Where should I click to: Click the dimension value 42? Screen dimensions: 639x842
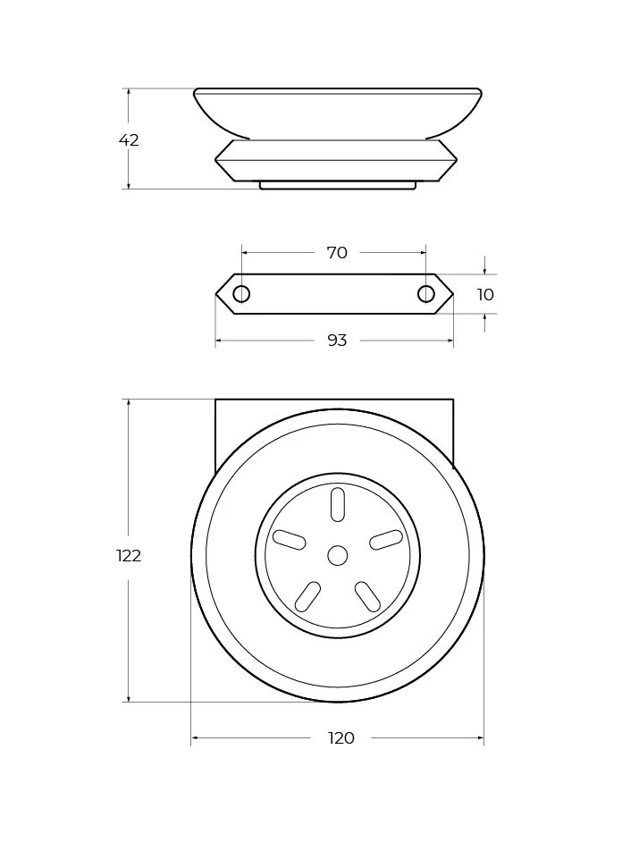[x=129, y=140]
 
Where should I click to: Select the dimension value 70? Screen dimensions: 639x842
[x=337, y=252]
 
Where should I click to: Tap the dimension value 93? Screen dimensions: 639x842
[x=337, y=340]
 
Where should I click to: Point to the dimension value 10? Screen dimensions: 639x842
[x=485, y=294]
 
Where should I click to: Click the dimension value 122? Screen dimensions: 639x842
[x=129, y=555]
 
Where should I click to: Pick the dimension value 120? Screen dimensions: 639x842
[x=341, y=737]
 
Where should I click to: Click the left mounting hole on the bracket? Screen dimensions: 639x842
[x=241, y=294]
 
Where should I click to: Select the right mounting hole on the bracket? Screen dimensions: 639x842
[x=425, y=294]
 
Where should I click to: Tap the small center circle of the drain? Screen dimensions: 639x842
[x=338, y=555]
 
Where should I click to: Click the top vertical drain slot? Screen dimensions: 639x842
[x=338, y=504]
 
